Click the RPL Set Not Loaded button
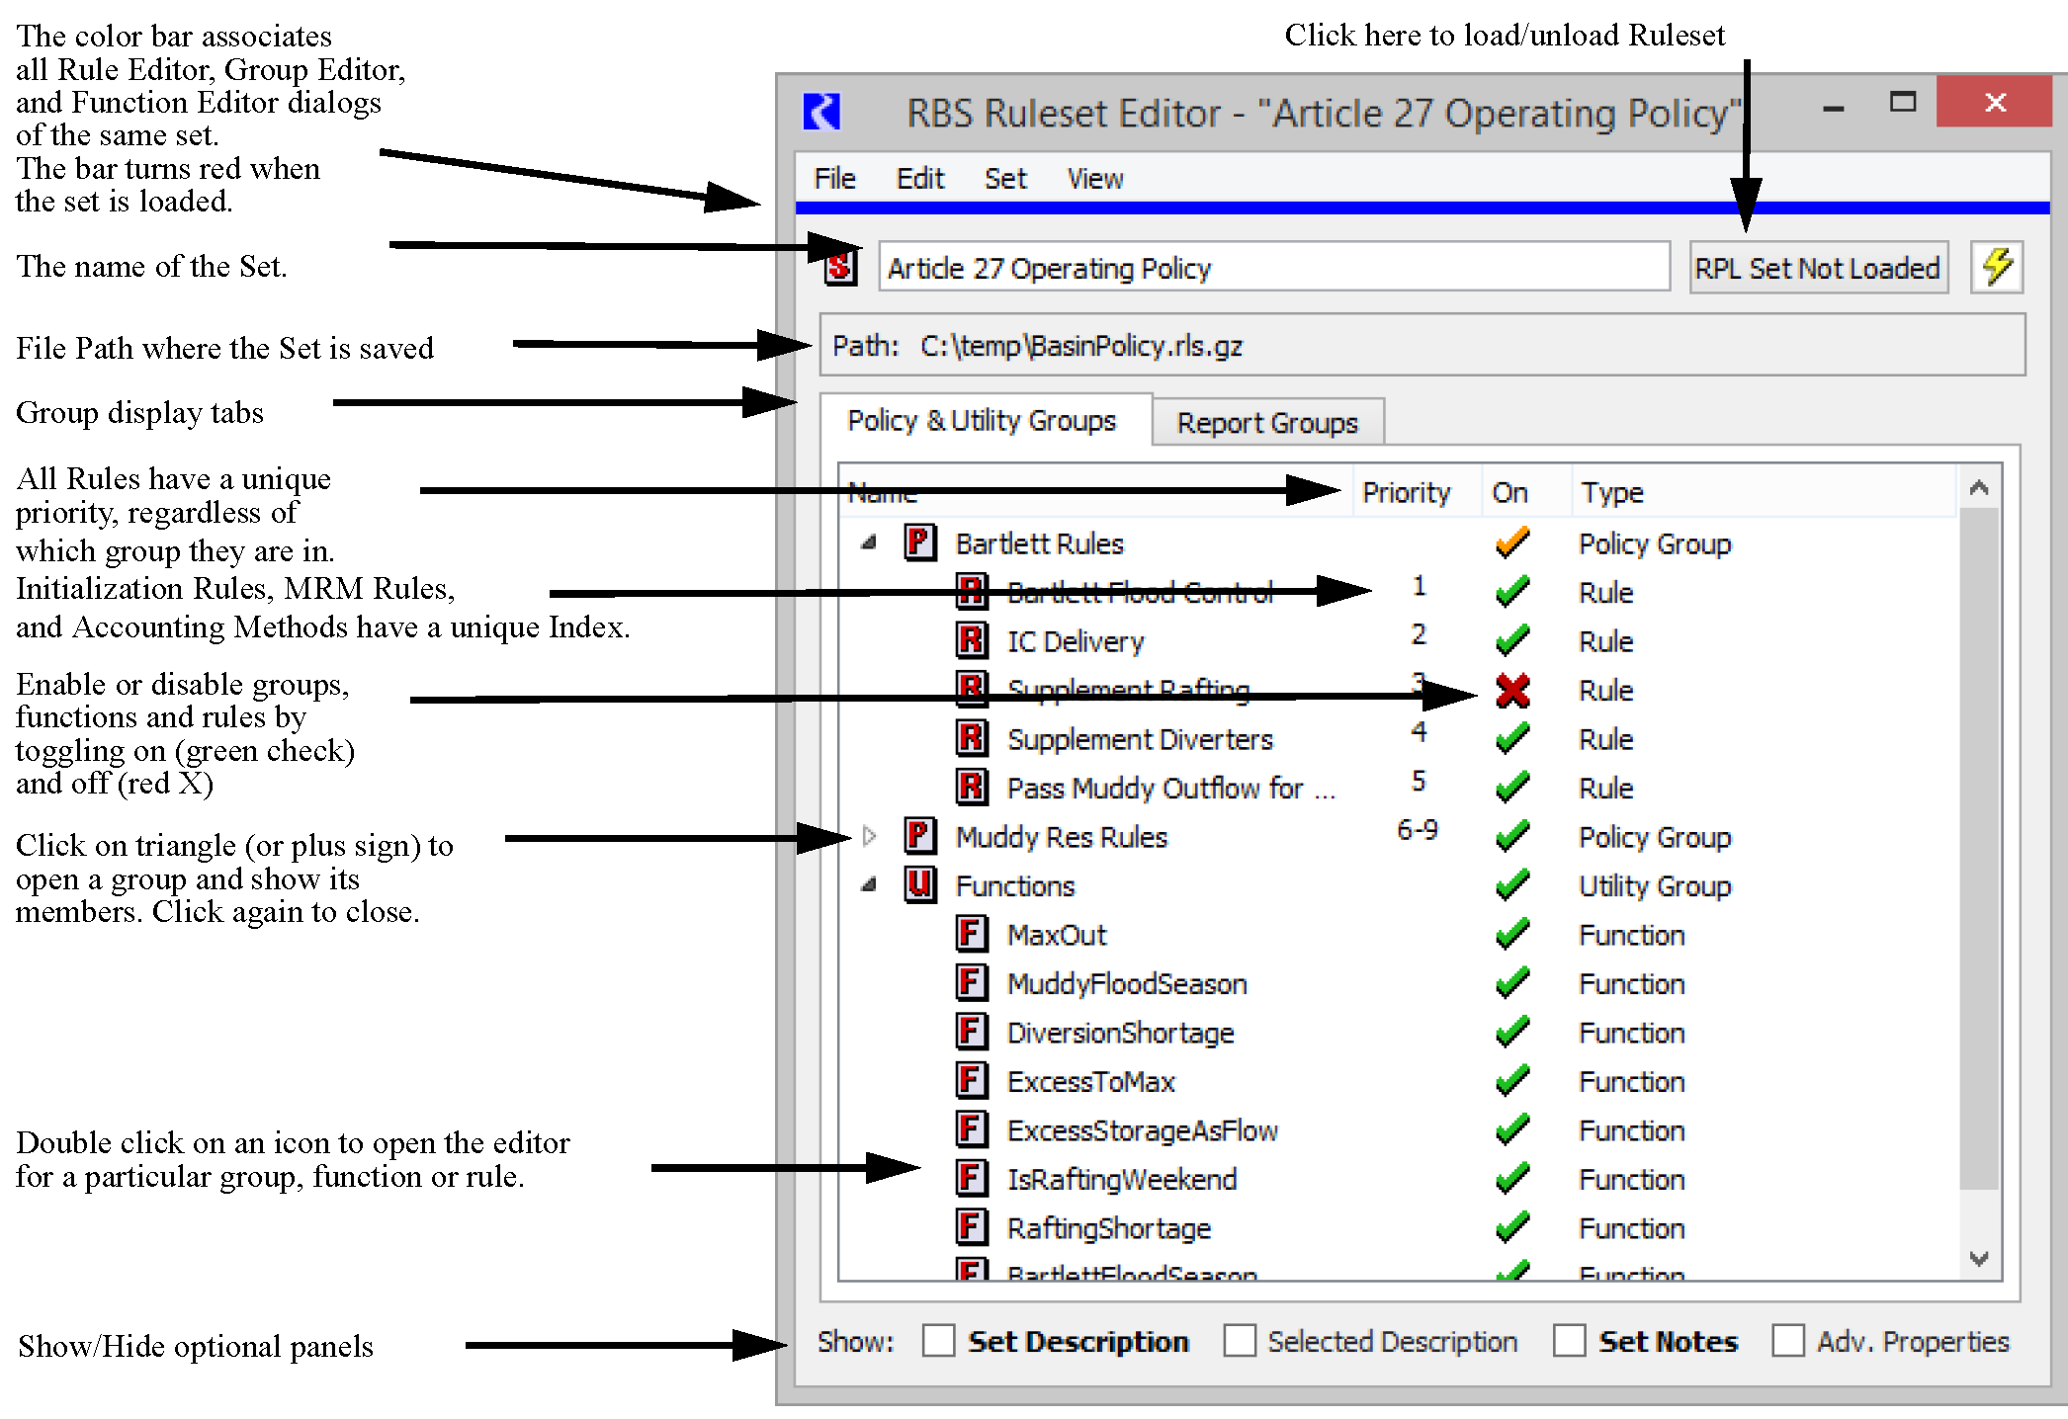tap(1817, 268)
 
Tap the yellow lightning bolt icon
tap(1997, 267)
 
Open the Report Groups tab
tap(1266, 423)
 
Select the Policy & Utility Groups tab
tap(982, 421)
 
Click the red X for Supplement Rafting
tap(1512, 691)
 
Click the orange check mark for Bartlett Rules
tap(1512, 543)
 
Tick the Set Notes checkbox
tap(1569, 1341)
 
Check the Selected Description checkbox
tap(1240, 1341)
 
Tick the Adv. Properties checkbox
tap(1787, 1341)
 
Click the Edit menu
tap(919, 179)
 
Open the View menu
tap(1094, 179)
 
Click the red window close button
tap(1994, 102)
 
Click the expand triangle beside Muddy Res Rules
tap(869, 837)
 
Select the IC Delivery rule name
tap(1076, 641)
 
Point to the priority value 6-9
tap(1417, 830)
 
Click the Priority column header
tap(1406, 492)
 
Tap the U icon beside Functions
tap(919, 884)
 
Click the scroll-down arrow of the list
tap(1979, 1258)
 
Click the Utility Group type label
tap(1654, 886)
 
